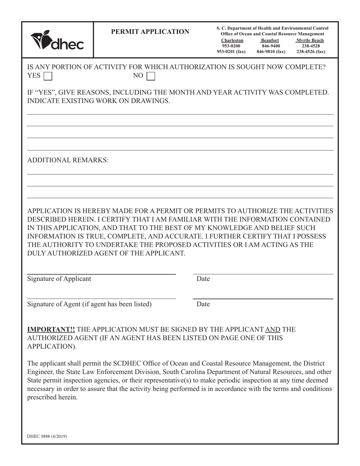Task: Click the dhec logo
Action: click(x=57, y=41)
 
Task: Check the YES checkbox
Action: click(x=48, y=76)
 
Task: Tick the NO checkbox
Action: click(x=151, y=76)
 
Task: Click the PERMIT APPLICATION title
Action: click(x=150, y=32)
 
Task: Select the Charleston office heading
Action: click(x=232, y=40)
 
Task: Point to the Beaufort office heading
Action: click(x=270, y=40)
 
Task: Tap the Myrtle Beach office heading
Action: click(x=310, y=40)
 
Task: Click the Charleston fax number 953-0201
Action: click(x=231, y=52)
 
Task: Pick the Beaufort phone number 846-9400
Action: click(x=271, y=46)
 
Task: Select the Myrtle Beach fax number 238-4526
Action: click(x=311, y=52)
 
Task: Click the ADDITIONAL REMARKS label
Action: click(x=68, y=160)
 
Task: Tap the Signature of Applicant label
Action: click(x=59, y=279)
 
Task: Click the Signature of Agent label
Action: click(x=89, y=304)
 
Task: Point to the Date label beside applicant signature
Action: click(x=203, y=279)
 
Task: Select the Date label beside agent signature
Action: click(x=203, y=304)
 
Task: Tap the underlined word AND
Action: click(x=272, y=330)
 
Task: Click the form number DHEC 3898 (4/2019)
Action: click(x=47, y=436)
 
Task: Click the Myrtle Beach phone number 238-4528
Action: click(x=311, y=46)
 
